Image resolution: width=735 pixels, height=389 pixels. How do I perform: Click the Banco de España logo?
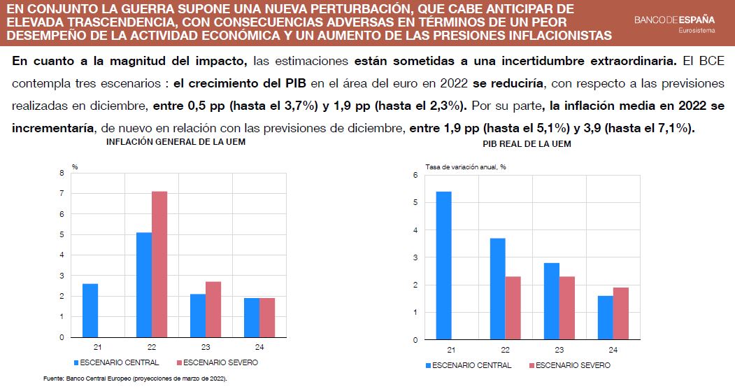pyautogui.click(x=674, y=20)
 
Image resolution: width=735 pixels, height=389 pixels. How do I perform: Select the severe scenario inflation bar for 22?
pyautogui.click(x=159, y=264)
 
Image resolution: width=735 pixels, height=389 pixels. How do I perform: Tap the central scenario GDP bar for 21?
pyautogui.click(x=443, y=266)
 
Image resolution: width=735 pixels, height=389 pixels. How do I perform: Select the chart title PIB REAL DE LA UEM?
pyautogui.click(x=527, y=143)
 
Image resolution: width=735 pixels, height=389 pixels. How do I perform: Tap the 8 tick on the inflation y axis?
pyautogui.click(x=62, y=172)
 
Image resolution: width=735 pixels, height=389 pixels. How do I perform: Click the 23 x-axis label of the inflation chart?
pyautogui.click(x=206, y=348)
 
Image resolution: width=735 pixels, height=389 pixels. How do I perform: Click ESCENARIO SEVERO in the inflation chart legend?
pyautogui.click(x=218, y=362)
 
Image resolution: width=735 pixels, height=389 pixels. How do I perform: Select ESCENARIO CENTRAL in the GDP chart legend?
pyautogui.click(x=471, y=365)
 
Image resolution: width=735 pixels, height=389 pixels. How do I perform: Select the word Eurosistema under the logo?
pyautogui.click(x=697, y=31)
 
